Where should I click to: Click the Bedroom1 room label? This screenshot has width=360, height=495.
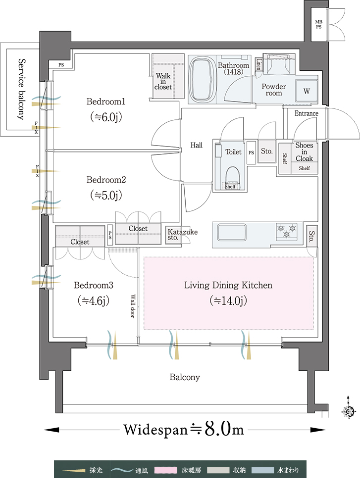coord(106,101)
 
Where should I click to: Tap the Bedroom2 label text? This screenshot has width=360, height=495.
coord(106,179)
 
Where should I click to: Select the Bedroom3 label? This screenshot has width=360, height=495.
coord(94,285)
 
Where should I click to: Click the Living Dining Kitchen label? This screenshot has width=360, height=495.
coord(228,285)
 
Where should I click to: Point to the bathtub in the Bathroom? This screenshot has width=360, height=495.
coord(203,79)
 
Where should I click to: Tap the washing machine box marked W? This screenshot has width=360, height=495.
coord(307,91)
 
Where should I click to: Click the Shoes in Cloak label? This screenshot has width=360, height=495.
coord(304,152)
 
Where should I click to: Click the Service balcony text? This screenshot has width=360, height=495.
coord(21,90)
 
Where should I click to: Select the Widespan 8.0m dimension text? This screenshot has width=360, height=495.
coord(184,429)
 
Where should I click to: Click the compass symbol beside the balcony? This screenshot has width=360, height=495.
coord(349,411)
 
